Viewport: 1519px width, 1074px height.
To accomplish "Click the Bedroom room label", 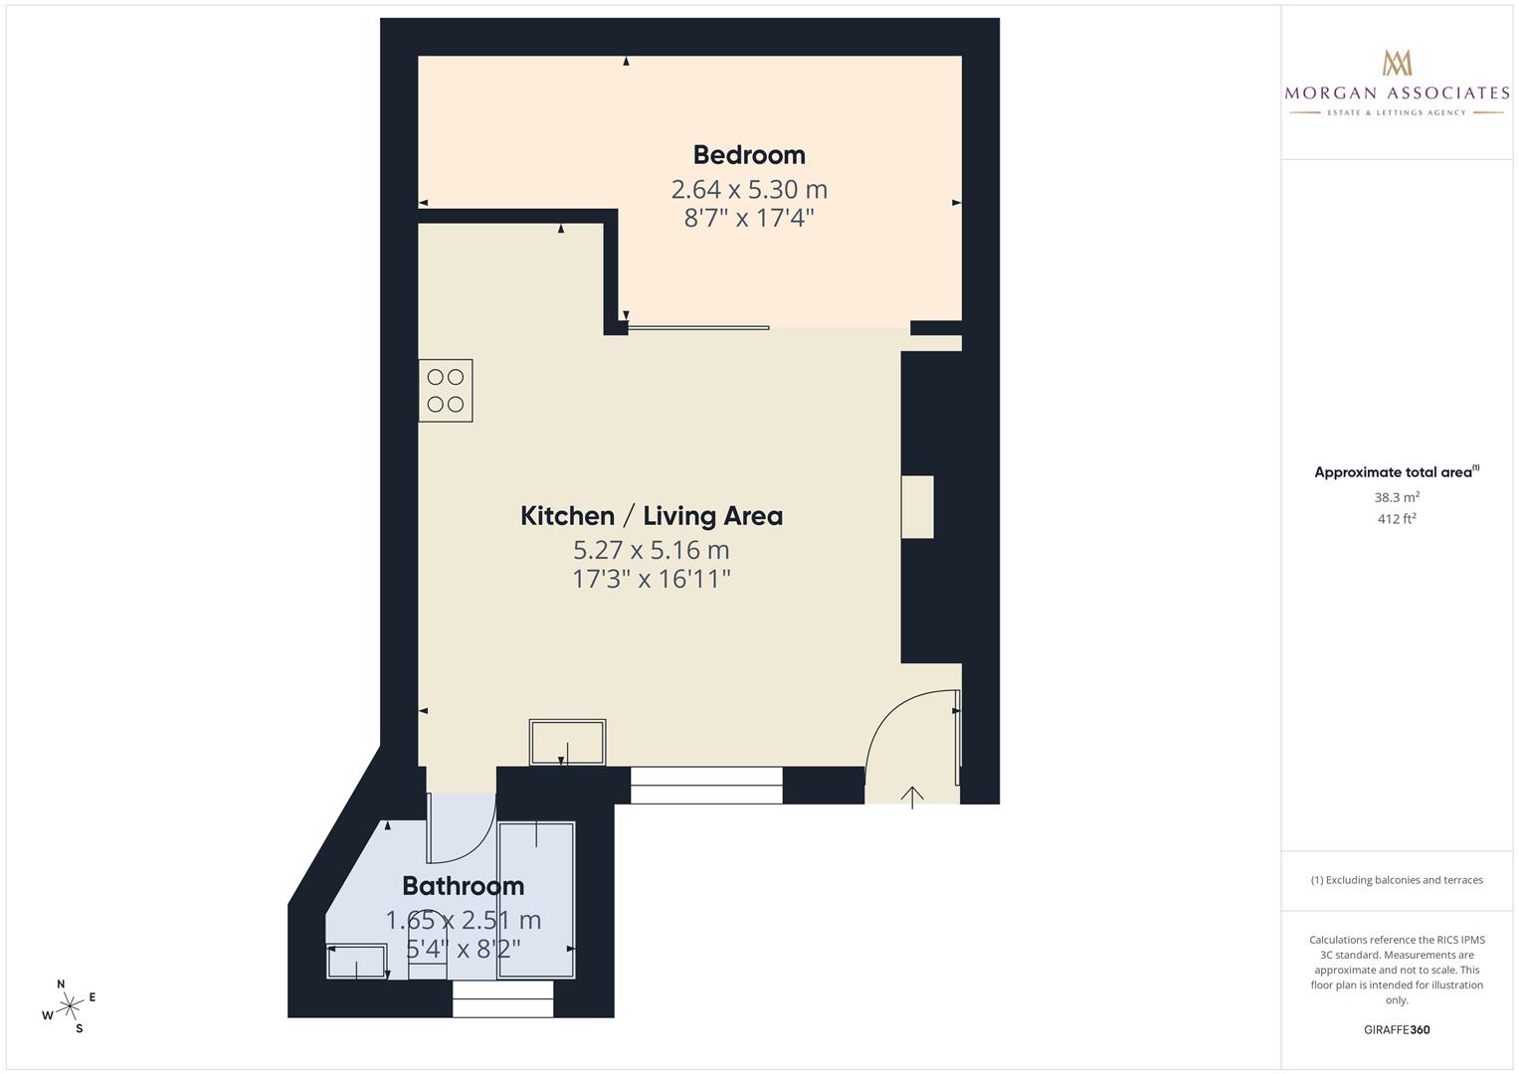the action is point(749,155).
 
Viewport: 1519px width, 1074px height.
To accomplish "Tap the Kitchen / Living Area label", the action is point(652,516).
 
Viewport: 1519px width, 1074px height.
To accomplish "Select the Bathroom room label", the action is point(464,885).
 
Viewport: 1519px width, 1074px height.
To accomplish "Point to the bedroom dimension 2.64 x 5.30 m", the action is point(749,189).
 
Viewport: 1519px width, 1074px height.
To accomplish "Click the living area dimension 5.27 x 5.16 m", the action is point(651,550).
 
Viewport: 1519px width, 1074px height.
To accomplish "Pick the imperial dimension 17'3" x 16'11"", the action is point(651,579).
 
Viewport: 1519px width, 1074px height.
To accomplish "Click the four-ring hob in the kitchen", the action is point(446,391).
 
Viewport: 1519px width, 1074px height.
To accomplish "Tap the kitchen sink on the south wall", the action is point(568,743).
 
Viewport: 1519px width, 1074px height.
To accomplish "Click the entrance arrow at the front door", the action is point(912,798).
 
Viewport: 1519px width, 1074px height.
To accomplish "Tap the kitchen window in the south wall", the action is point(706,786).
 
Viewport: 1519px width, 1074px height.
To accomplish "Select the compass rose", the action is point(70,1006).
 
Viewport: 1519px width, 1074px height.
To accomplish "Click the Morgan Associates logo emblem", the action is point(1397,63).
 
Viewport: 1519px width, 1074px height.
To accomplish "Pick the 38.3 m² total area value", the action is point(1397,497).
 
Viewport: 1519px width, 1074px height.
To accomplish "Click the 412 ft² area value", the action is point(1397,519).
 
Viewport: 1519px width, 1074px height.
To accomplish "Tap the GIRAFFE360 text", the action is point(1397,1029).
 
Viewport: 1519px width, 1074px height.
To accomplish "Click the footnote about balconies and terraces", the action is point(1397,880).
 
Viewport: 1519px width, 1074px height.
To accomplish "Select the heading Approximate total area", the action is point(1397,472).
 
